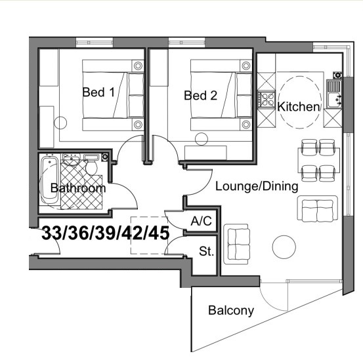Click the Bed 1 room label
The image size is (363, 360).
click(x=98, y=92)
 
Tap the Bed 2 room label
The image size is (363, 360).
click(x=200, y=96)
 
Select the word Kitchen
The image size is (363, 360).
click(x=299, y=107)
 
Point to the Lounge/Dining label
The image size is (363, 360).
click(x=257, y=186)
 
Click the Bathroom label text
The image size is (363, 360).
click(x=78, y=188)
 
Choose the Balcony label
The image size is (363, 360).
click(x=231, y=310)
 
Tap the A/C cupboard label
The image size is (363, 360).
click(x=201, y=221)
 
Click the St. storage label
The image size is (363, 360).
click(x=206, y=251)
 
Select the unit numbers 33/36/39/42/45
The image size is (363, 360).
click(x=106, y=233)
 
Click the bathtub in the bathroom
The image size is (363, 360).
click(x=50, y=180)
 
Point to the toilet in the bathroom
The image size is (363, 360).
click(x=92, y=165)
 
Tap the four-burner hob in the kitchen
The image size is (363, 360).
click(x=267, y=100)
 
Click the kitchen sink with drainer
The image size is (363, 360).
click(x=334, y=94)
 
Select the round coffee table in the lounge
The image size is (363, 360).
click(x=284, y=247)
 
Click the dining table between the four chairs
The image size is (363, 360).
click(x=318, y=160)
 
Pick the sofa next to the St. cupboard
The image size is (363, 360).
click(x=237, y=244)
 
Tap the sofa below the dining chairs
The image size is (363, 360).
click(x=318, y=209)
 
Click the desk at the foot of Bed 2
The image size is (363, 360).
click(x=205, y=153)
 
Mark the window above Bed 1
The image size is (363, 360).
click(x=95, y=43)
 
